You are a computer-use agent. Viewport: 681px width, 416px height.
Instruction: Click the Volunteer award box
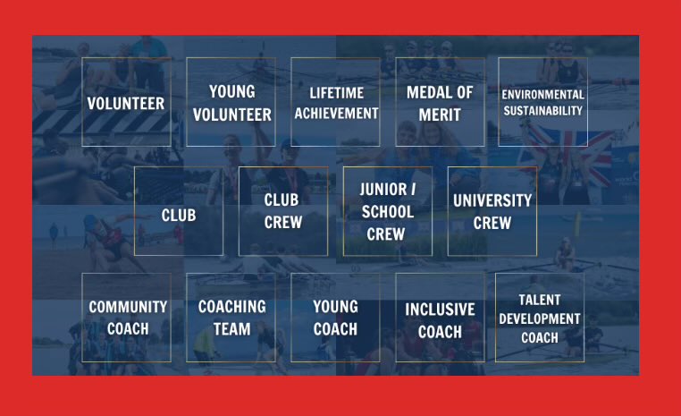click(126, 102)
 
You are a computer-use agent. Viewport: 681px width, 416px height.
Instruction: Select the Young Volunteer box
click(231, 102)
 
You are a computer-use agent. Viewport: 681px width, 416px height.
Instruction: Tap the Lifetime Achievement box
click(335, 102)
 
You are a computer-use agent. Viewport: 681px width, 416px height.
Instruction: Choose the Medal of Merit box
click(440, 102)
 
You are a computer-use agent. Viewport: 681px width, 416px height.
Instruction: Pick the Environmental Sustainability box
click(542, 102)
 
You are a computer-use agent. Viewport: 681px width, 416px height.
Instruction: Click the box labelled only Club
click(179, 211)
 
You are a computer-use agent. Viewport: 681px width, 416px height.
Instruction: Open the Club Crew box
click(282, 211)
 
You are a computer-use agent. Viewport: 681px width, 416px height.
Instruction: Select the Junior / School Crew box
click(387, 211)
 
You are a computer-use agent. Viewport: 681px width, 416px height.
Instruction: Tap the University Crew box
click(492, 211)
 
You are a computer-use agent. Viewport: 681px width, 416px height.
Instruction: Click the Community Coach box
click(126, 318)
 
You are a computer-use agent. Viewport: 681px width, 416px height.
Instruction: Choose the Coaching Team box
click(231, 318)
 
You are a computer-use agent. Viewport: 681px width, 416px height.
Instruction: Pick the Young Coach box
click(335, 318)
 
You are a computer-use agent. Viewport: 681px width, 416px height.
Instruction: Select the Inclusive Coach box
click(440, 318)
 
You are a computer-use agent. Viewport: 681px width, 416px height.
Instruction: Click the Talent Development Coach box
click(540, 318)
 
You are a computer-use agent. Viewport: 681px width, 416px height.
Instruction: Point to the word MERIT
click(440, 115)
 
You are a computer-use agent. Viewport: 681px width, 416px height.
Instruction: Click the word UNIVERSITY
click(492, 200)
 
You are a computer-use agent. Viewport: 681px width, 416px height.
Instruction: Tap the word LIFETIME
click(335, 93)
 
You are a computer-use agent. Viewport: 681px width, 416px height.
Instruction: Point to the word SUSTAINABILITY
click(542, 111)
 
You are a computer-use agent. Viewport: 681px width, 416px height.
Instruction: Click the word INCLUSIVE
click(440, 310)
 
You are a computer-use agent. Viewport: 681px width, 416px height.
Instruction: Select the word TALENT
click(540, 300)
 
